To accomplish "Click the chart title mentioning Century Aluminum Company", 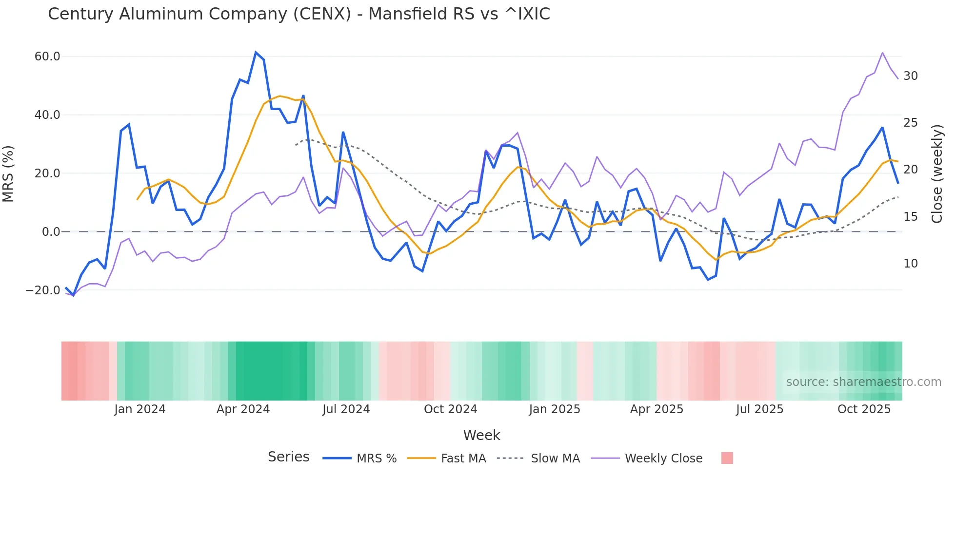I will point(299,14).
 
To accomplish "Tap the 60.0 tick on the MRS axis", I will point(47,57).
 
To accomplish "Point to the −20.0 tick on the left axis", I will point(43,290).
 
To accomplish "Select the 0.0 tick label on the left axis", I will point(51,232).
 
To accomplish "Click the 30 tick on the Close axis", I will point(910,76).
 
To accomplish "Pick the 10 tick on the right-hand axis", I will point(910,264).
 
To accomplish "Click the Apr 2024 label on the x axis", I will point(243,409).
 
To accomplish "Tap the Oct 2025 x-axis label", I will point(864,409).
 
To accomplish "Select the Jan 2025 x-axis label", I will point(555,409).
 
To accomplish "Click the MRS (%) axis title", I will point(8,173).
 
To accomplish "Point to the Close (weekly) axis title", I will point(936,174).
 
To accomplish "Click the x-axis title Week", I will point(481,435).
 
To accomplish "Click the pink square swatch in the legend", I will point(727,458).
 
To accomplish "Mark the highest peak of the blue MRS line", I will point(256,52).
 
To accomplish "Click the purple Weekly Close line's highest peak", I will point(882,53).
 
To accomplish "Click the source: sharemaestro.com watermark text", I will point(863,382).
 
